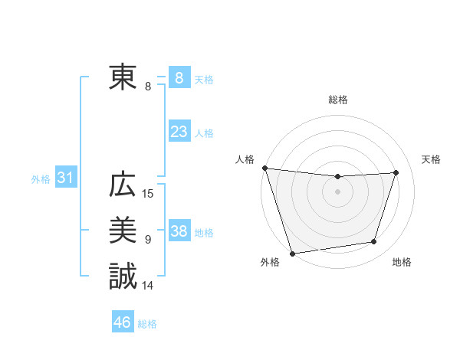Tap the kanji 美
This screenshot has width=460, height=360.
123,231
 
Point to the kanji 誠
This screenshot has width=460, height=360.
123,277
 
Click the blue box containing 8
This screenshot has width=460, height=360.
179,77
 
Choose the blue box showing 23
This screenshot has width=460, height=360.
179,132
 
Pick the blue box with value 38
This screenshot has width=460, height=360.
179,231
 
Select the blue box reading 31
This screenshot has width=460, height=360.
65,178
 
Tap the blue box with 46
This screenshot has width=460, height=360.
123,322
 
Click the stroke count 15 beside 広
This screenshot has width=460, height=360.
148,195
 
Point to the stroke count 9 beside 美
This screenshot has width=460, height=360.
148,240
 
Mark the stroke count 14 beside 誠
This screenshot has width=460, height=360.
148,286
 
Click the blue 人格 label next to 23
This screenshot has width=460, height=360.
204,133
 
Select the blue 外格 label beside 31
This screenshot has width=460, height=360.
41,179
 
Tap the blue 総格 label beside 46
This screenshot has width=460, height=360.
147,324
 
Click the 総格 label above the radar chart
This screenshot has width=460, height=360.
337,100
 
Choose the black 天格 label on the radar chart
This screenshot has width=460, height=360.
432,159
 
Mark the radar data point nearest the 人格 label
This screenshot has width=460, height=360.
264,167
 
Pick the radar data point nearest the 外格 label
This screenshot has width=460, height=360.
292,253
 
